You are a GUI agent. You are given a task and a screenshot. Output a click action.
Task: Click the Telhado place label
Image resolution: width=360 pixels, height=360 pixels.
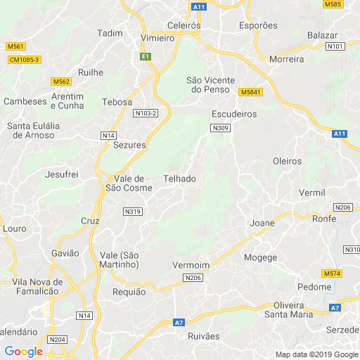click(179, 179)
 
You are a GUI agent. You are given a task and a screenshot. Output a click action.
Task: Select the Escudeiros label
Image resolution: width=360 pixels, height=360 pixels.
click(234, 113)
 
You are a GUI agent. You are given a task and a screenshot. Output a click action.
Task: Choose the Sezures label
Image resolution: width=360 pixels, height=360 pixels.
click(129, 145)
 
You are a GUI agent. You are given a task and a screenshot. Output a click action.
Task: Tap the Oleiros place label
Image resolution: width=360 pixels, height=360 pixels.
click(287, 161)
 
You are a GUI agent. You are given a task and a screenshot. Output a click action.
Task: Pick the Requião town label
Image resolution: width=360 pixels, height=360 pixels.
click(129, 292)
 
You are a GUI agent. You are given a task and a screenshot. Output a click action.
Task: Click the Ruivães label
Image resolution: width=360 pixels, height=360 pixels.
click(204, 337)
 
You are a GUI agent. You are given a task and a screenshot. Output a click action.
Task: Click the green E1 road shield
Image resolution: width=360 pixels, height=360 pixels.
click(146, 56)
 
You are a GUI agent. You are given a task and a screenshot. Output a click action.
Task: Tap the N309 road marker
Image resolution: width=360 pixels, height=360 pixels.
click(219, 127)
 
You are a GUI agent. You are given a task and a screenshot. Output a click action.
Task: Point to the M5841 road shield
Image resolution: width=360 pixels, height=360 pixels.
click(250, 92)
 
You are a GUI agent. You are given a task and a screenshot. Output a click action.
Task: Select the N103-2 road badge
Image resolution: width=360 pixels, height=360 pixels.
click(146, 112)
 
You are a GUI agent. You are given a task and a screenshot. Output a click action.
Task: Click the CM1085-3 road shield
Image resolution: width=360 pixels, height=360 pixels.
click(25, 60)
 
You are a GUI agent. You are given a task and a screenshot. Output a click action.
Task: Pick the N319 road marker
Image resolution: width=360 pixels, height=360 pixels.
click(132, 211)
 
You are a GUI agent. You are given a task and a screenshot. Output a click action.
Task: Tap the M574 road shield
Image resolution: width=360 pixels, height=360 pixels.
click(332, 273)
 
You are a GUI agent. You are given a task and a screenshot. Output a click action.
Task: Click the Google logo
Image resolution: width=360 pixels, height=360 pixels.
click(23, 352)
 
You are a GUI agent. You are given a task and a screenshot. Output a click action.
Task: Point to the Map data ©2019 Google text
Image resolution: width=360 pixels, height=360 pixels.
click(316, 354)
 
